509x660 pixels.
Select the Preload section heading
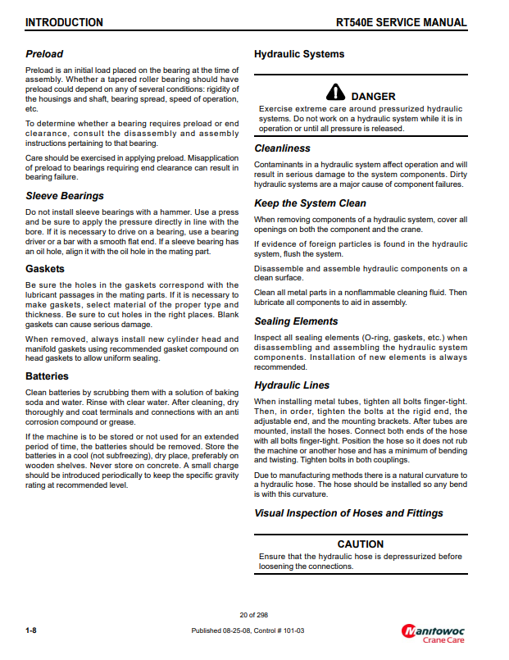point(44,54)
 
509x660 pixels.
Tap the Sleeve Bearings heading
point(65,196)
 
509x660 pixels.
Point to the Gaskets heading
point(45,268)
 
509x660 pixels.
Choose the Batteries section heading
point(47,376)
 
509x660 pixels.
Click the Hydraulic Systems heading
point(299,54)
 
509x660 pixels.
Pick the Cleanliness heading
point(282,148)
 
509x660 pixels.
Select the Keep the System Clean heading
point(310,203)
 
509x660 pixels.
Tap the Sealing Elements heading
point(296,321)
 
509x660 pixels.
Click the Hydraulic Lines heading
point(292,385)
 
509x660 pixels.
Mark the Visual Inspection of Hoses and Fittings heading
point(348,513)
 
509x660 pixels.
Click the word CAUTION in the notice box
point(361,544)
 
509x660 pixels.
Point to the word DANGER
point(373,97)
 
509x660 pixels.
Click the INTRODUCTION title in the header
point(64,22)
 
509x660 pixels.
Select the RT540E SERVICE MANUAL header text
point(402,22)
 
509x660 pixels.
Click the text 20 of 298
point(254,615)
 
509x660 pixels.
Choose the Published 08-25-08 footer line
point(248,630)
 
